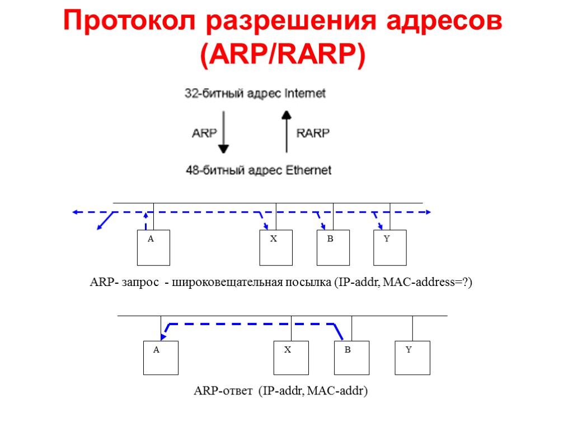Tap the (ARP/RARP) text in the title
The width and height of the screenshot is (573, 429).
283,55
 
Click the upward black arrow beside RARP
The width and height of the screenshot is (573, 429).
286,131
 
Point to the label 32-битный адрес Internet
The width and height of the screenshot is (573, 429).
255,94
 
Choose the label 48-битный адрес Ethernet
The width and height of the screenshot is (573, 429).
259,170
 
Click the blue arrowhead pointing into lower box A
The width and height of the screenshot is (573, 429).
163,336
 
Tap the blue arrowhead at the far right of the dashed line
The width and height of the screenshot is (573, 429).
428,212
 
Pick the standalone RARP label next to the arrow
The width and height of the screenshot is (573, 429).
313,134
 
